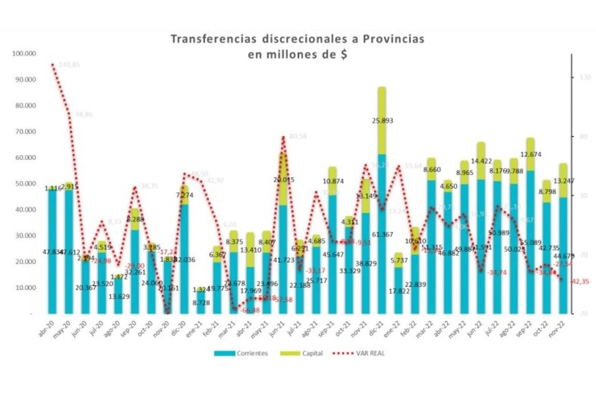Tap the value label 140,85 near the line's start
tap(70, 65)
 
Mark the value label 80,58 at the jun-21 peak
tap(297, 137)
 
